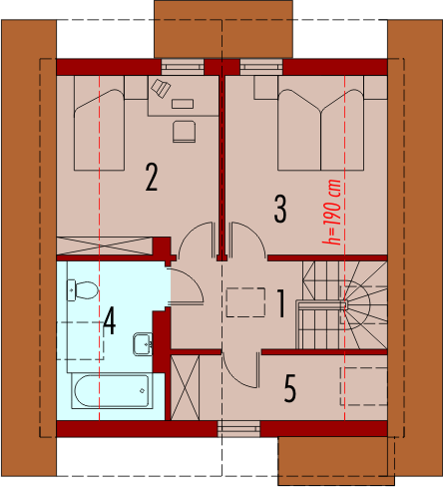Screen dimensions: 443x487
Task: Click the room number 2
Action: (152, 177)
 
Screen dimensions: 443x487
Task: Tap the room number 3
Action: (280, 209)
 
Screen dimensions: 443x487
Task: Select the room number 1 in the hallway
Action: (281, 303)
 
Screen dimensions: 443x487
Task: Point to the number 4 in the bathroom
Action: (110, 320)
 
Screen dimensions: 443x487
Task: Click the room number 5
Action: (290, 388)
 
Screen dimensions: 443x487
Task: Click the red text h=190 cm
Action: (332, 212)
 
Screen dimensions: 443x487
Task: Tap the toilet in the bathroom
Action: (83, 290)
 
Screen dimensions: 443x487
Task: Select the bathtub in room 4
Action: (112, 391)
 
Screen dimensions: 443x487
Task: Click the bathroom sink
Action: (143, 344)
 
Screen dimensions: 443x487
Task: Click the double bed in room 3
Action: (320, 123)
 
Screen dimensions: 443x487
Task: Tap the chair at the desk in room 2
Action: (184, 132)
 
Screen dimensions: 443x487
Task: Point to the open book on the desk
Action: (161, 88)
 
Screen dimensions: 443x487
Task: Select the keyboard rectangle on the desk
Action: (183, 104)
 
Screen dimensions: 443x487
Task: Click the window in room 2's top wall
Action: (183, 67)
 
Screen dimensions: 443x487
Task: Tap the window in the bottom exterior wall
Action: (238, 429)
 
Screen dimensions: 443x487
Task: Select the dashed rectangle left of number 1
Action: (245, 302)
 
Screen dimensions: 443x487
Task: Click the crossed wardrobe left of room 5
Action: (185, 387)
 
